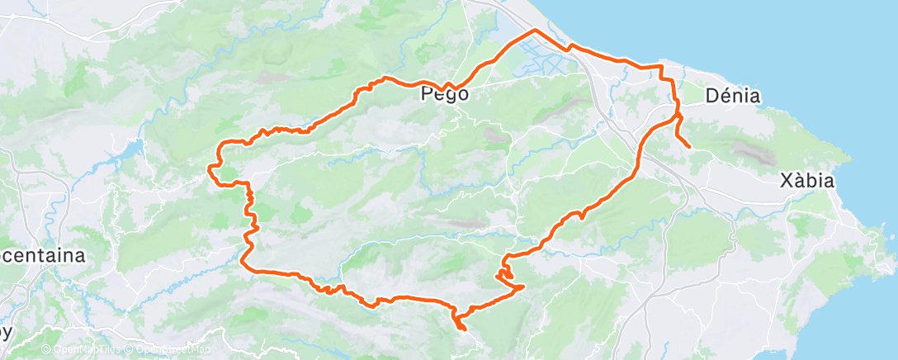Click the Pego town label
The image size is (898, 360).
445,94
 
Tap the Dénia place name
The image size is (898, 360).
733,97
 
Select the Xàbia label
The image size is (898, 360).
808,181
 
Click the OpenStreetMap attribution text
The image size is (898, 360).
163,350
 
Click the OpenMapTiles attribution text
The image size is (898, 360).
85,350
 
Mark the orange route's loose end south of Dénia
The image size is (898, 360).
689,147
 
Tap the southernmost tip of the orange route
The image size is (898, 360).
463,330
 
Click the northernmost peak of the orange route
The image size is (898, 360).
534,30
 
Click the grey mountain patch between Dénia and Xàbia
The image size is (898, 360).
754,150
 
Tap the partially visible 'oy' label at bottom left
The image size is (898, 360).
7,333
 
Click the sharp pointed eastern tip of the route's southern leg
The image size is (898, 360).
522,287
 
